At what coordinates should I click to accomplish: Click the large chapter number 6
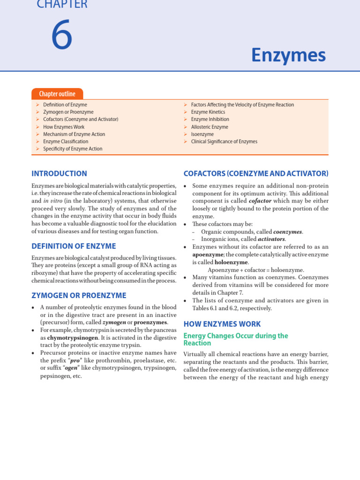[x=61, y=37]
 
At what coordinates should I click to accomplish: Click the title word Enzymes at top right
[x=288, y=55]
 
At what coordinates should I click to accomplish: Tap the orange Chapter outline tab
[x=57, y=94]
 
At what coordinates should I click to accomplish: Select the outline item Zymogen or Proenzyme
[x=68, y=112]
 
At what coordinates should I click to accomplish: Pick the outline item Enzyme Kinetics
[x=208, y=112]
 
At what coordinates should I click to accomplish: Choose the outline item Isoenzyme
[x=202, y=134]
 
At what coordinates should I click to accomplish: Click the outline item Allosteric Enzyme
[x=210, y=127]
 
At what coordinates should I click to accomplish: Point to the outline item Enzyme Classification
[x=66, y=141]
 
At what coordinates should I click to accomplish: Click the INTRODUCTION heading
[x=59, y=173]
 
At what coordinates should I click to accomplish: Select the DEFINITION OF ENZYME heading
[x=74, y=246]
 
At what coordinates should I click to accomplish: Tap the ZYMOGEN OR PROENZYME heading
[x=79, y=295]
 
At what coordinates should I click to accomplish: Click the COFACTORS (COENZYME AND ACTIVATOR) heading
[x=255, y=173]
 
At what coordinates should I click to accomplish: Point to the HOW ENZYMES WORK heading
[x=222, y=324]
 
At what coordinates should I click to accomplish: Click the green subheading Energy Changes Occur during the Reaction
[x=235, y=339]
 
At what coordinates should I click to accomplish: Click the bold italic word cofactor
[x=260, y=201]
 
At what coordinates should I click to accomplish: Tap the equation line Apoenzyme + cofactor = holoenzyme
[x=256, y=270]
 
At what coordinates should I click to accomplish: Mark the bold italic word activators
[x=271, y=239]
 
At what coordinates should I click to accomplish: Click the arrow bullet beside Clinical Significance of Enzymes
[x=186, y=142]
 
